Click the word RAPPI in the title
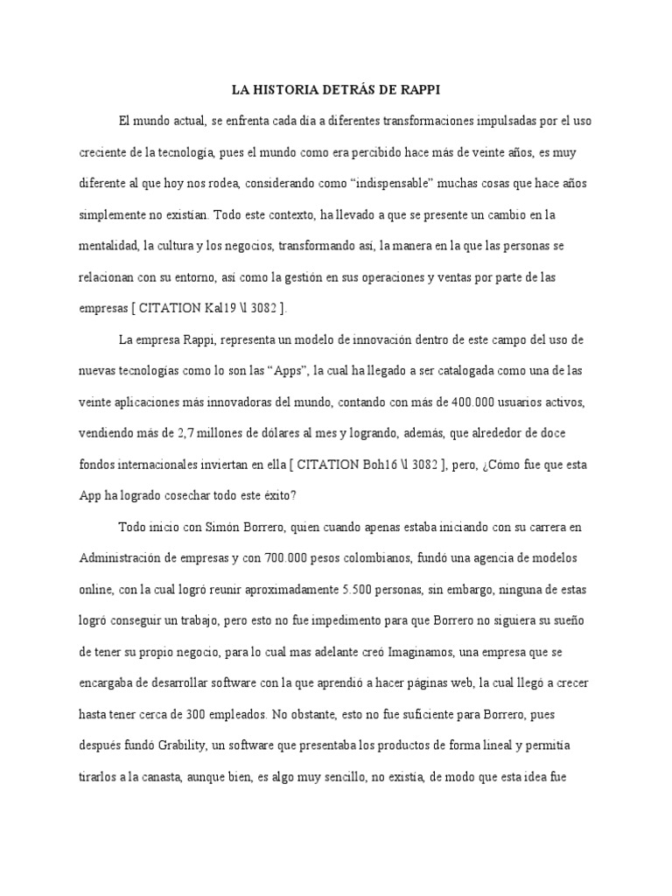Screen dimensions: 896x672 [x=419, y=89]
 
